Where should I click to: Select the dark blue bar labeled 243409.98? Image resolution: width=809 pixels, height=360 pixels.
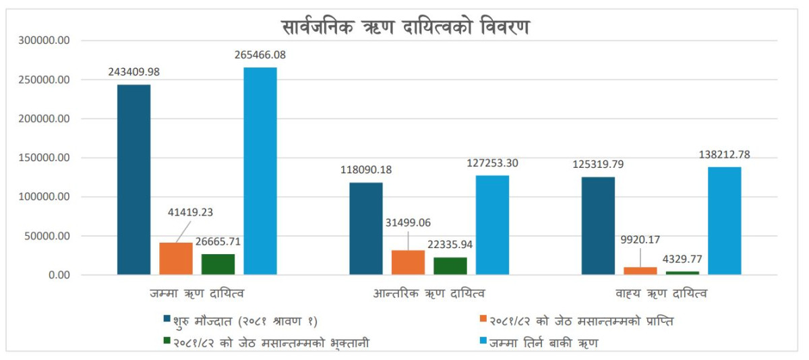pos(133,179)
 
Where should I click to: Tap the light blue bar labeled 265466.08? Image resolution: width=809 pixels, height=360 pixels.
pos(260,171)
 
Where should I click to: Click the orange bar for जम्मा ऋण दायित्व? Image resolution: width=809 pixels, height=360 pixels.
pos(176,259)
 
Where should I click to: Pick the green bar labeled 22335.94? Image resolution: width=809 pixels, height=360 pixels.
pos(450,266)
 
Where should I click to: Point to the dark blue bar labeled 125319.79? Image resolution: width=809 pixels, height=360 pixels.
pos(598,226)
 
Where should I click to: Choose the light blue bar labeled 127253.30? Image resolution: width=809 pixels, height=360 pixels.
pos(492,225)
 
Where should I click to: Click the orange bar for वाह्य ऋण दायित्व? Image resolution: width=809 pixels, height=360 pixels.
pos(640,271)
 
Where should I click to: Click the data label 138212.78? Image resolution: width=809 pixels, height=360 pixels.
pos(724,154)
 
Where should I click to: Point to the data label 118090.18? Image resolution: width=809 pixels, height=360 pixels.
pos(366,170)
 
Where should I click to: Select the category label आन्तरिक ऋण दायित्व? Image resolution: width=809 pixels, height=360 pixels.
pos(429,294)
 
